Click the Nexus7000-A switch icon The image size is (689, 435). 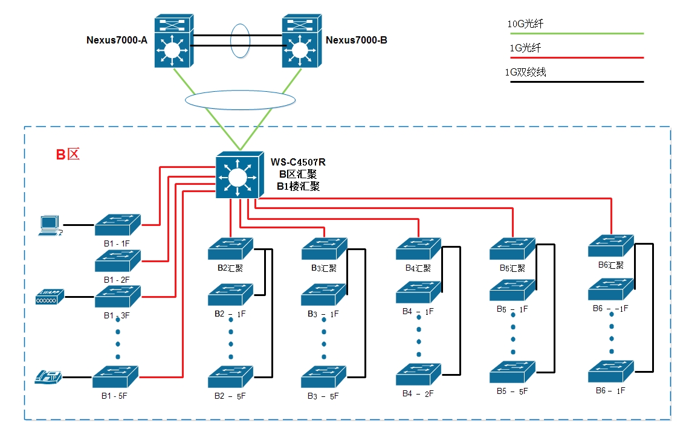[172, 41]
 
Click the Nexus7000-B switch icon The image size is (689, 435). [302, 41]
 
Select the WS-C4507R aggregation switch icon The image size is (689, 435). [239, 175]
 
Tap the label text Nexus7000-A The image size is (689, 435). [117, 40]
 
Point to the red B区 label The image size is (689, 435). [68, 154]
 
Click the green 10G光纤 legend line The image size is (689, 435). [577, 34]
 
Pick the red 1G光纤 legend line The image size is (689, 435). [577, 58]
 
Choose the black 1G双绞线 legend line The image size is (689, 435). [577, 81]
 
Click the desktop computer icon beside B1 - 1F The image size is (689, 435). [50, 225]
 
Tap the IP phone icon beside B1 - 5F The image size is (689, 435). [48, 377]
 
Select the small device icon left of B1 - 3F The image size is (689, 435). [50, 297]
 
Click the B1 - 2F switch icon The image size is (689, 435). [117, 260]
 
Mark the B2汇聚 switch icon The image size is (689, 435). [230, 248]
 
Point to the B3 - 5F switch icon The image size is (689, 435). [324, 376]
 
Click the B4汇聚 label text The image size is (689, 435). [418, 268]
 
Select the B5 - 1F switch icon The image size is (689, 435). [513, 290]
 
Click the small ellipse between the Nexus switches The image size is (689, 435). [239, 40]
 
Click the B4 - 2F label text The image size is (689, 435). [418, 393]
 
